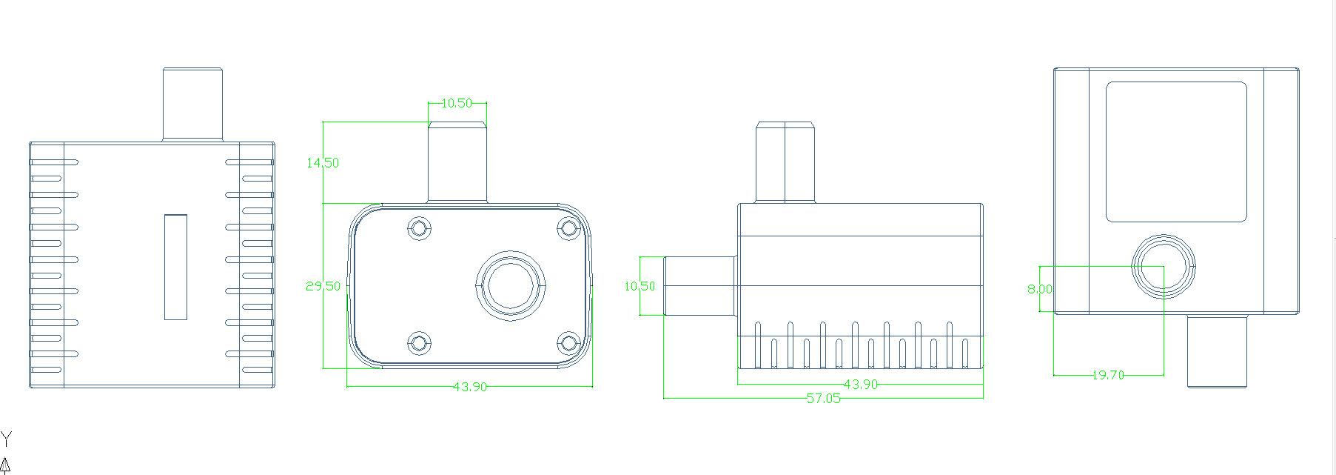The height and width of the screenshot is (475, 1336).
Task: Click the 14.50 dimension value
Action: (x=322, y=163)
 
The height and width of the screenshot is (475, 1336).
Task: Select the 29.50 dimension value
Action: (x=323, y=286)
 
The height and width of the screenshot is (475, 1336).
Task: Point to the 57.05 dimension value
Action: (x=823, y=399)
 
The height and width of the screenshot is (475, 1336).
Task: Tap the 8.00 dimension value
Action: (x=1039, y=289)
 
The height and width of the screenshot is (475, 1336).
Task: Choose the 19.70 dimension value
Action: (x=1108, y=376)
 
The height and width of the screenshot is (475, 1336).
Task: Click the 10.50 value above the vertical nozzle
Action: (x=456, y=103)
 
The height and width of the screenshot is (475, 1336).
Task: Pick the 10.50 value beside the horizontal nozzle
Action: (x=640, y=286)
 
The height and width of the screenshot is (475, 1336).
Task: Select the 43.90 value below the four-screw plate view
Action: (x=469, y=387)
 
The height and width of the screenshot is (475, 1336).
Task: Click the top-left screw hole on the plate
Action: (x=420, y=228)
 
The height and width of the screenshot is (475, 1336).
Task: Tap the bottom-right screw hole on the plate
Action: (x=569, y=343)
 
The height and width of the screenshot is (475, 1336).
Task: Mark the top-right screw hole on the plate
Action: (x=569, y=228)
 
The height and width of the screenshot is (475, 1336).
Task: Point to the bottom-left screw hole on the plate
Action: (x=420, y=343)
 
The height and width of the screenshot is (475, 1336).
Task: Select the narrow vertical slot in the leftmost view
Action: (x=175, y=267)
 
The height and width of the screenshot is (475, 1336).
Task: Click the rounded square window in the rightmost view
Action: (x=1176, y=152)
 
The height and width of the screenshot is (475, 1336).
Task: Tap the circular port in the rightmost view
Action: (x=1164, y=266)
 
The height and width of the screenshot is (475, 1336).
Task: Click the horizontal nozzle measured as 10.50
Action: (x=700, y=286)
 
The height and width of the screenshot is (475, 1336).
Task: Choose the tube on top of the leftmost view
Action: (x=192, y=104)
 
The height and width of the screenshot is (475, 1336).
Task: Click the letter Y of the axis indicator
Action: (x=7, y=439)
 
